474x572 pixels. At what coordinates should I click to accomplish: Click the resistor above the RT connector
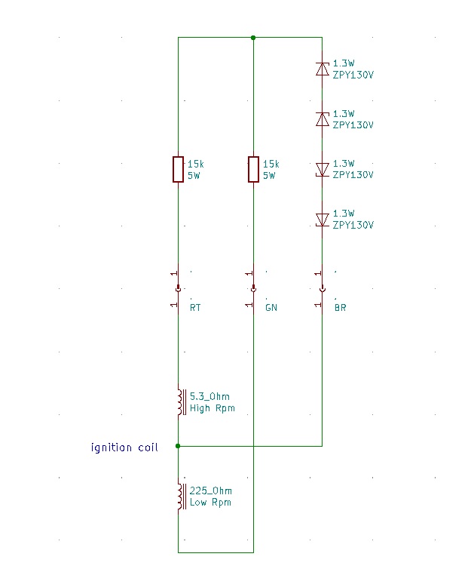point(178,169)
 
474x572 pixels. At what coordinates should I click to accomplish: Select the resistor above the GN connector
point(253,169)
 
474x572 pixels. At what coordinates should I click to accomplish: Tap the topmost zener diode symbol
point(322,69)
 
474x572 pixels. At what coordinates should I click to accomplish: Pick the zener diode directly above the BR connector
point(322,220)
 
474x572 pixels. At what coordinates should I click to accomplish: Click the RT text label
point(195,308)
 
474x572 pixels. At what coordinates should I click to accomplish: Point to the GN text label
point(271,308)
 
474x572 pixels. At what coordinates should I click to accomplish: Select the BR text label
point(341,308)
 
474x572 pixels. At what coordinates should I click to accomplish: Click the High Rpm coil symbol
point(180,401)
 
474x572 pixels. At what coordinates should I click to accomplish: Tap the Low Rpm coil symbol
point(180,496)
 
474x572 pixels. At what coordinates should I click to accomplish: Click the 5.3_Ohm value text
point(209,396)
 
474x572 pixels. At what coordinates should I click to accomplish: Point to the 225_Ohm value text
point(210,491)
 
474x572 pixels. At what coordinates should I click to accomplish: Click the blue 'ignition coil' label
point(124,447)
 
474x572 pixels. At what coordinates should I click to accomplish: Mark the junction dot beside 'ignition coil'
point(178,446)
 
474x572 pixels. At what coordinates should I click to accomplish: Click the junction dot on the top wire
point(253,37)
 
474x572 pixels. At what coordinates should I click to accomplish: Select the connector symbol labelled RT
point(178,288)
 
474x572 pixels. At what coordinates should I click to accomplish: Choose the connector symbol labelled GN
point(253,288)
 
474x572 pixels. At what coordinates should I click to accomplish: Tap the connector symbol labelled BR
point(322,288)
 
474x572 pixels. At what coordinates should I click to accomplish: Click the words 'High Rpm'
point(212,408)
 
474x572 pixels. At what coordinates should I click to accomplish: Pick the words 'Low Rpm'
point(210,503)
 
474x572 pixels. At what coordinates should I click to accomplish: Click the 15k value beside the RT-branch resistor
point(195,164)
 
